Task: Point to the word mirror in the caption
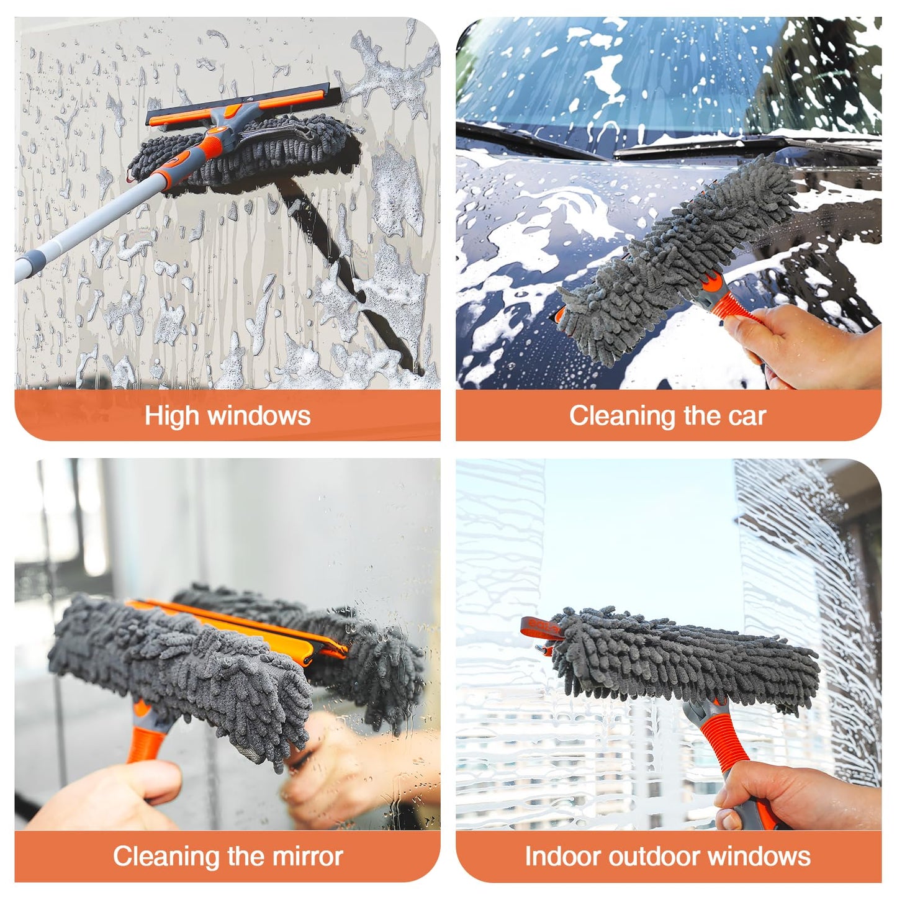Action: pyautogui.click(x=308, y=856)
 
